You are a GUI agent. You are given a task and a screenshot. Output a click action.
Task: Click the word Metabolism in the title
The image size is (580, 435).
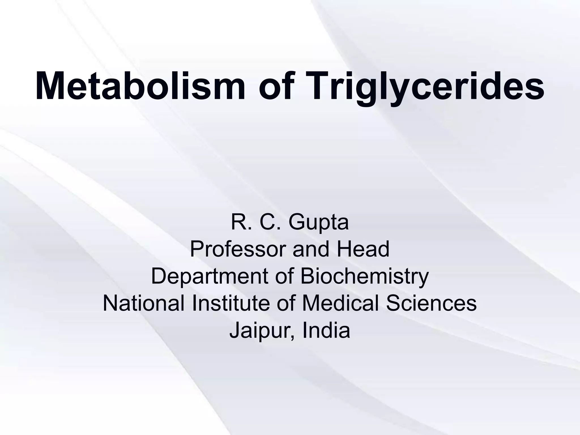(140, 86)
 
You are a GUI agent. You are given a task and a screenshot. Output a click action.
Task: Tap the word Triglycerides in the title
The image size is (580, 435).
(426, 86)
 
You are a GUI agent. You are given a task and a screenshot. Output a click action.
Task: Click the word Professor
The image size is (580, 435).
(238, 249)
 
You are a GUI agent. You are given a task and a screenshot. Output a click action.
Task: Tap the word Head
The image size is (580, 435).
(363, 249)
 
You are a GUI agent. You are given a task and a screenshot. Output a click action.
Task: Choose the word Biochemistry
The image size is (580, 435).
(364, 276)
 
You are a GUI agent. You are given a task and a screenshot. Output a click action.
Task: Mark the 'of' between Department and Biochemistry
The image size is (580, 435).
(285, 276)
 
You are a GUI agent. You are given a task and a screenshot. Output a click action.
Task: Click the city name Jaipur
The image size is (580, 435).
(260, 330)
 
